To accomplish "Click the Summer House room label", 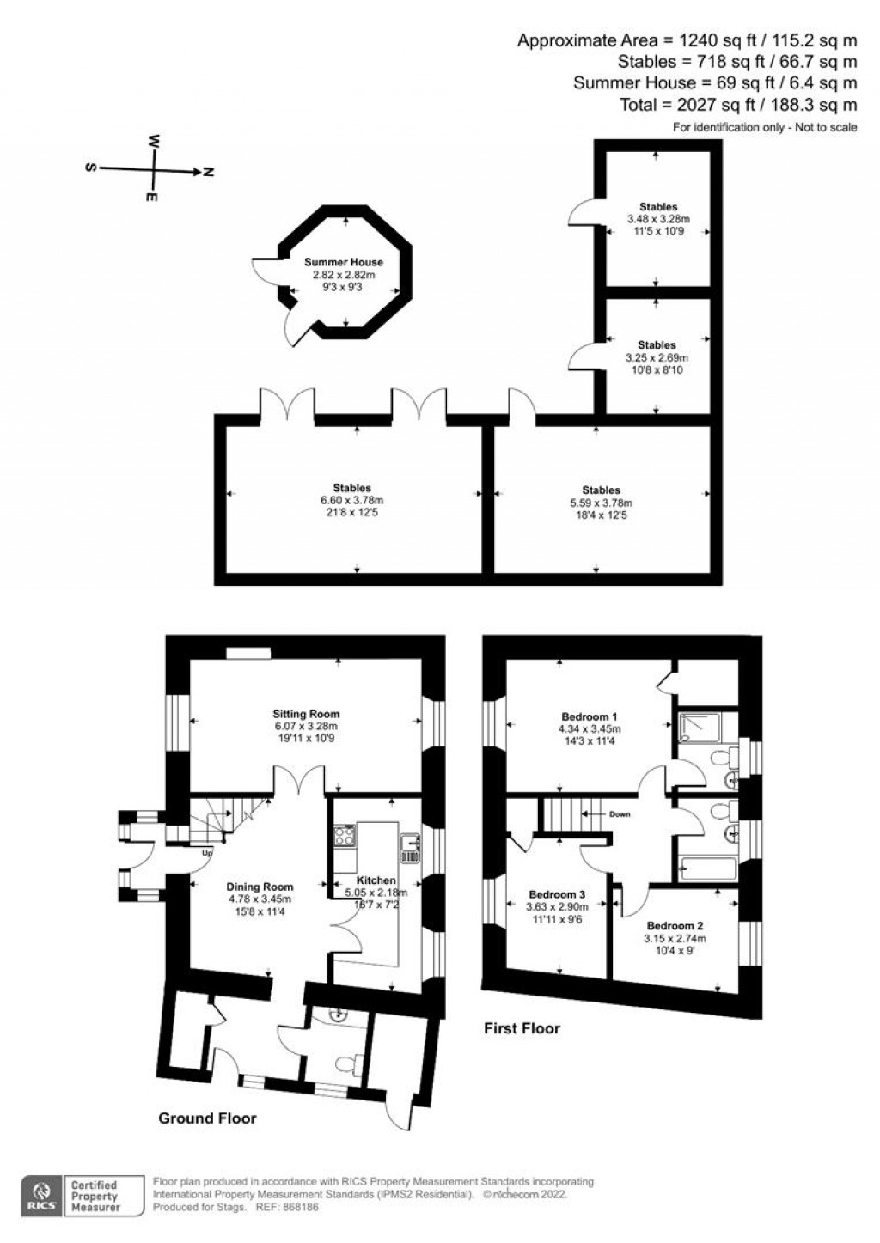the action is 343,262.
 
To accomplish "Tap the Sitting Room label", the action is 306,714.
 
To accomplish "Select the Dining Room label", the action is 260,887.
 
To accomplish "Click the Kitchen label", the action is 376,880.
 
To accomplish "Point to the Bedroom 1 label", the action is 589,716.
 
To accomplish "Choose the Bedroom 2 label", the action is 675,925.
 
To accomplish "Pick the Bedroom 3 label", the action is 557,894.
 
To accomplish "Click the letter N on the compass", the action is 209,172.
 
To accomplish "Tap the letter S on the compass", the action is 90,168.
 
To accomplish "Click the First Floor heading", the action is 522,1028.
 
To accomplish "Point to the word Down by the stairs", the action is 620,814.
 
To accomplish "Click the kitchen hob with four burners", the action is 345,835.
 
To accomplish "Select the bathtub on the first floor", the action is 708,869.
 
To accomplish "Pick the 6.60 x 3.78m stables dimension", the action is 352,500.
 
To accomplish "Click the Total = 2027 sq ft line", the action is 738,104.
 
